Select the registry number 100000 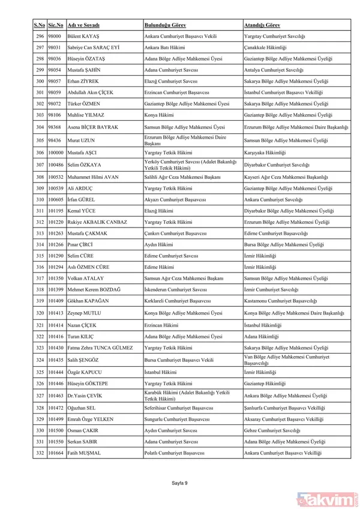click(x=56, y=152)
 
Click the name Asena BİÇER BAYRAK click(x=93, y=127)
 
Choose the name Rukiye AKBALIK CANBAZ click(x=98, y=222)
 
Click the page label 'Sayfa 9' click(x=180, y=483)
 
